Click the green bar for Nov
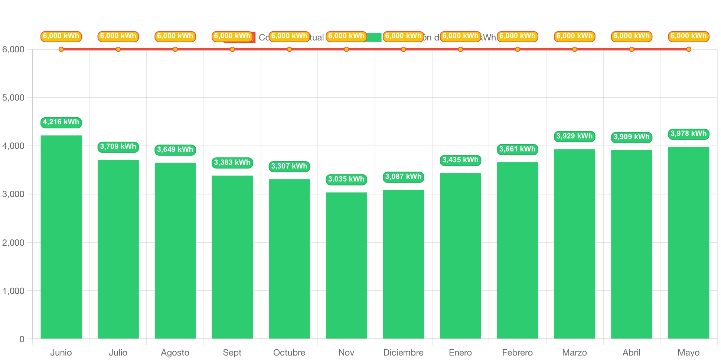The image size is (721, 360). tap(346, 265)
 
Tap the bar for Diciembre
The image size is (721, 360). tap(403, 264)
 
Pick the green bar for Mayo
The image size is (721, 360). tap(688, 243)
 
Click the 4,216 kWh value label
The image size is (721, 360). tap(61, 122)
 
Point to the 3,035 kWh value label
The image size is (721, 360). tap(346, 179)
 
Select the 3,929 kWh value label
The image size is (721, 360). tap(574, 136)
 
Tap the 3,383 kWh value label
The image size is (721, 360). tap(232, 163)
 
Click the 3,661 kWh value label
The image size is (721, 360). tap(517, 149)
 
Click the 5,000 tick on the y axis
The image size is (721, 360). tap(13, 98)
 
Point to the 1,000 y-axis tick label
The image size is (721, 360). tap(13, 291)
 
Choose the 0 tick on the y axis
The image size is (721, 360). tap(22, 339)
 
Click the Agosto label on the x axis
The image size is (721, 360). tap(175, 353)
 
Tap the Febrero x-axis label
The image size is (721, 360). tap(517, 353)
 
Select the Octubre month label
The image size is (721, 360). tap(289, 353)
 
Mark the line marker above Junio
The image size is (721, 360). tap(61, 49)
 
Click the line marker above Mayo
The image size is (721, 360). tap(688, 49)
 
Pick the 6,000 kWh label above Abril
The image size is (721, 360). tap(632, 36)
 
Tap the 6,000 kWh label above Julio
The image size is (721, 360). tap(118, 36)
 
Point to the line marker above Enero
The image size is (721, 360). tap(460, 49)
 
